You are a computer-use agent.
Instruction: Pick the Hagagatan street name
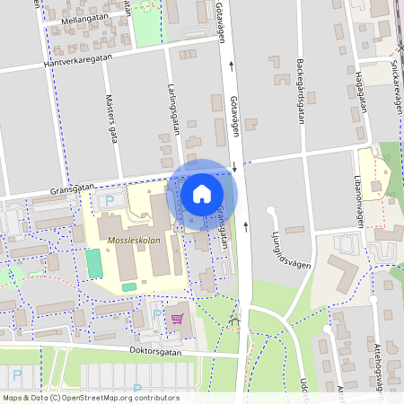[x=363, y=89]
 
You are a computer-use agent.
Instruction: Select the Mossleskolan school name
[x=132, y=242]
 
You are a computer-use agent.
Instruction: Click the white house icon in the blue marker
[x=202, y=193]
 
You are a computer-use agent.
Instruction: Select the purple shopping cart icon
[x=177, y=318]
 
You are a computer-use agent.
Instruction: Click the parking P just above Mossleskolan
[x=110, y=201]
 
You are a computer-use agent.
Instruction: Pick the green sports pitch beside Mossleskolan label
[x=93, y=264]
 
